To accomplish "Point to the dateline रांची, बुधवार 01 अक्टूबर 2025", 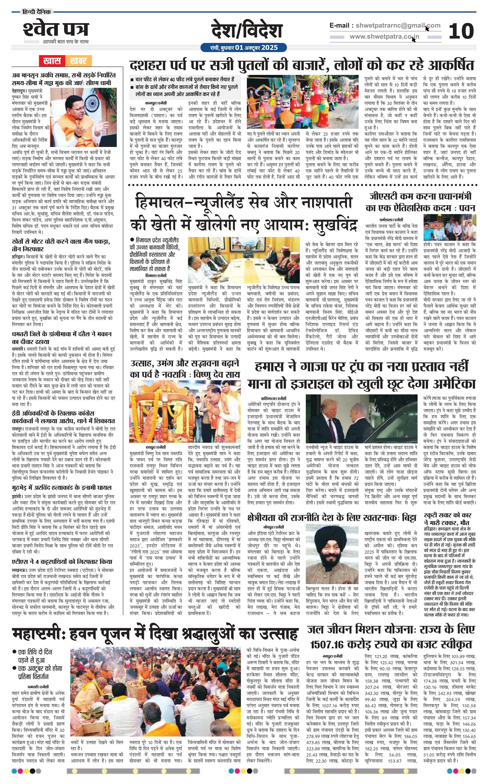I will (x=244, y=48).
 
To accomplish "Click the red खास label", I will (x=52, y=60).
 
